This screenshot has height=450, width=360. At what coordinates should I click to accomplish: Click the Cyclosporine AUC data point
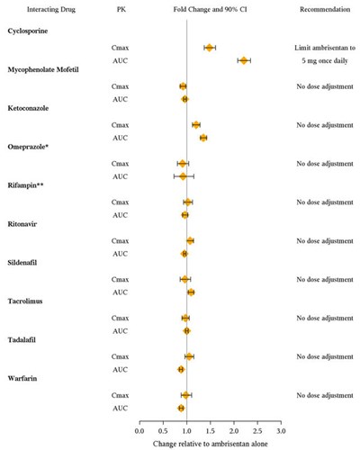coord(244,60)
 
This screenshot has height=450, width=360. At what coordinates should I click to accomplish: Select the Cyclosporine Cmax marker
coord(210,48)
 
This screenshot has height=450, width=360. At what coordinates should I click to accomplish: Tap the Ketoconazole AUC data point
coord(203,138)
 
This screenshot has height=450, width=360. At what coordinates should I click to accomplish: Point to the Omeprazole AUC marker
coord(184,176)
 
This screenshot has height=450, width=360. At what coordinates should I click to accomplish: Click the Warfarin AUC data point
coord(182,408)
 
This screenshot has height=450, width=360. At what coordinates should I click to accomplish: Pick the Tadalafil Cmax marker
coord(189,356)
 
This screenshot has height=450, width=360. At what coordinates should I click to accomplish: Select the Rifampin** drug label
coord(26,185)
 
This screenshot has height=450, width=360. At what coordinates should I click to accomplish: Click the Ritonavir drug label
coord(23,223)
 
